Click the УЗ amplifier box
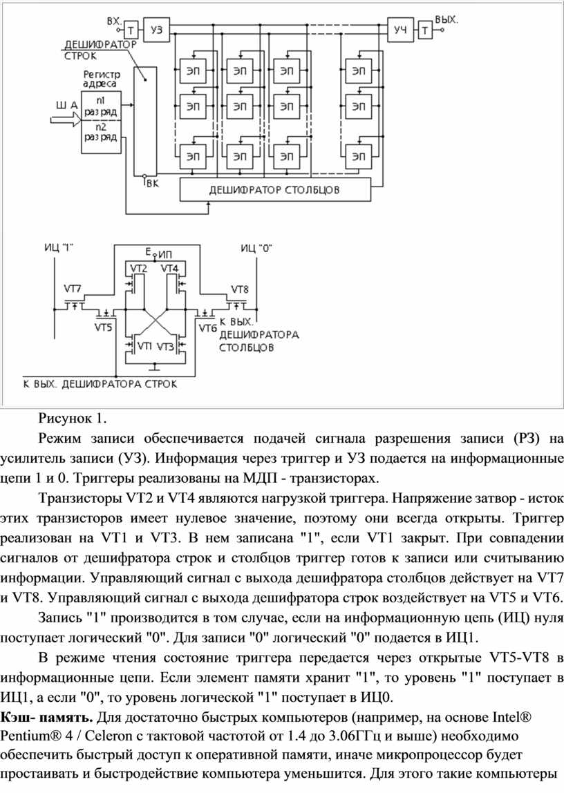point(157,29)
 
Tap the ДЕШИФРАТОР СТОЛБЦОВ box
point(274,188)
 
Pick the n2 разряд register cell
point(100,131)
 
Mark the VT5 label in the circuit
point(102,327)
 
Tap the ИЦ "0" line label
point(255,247)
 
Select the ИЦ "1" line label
point(59,247)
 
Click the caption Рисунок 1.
point(73,417)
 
